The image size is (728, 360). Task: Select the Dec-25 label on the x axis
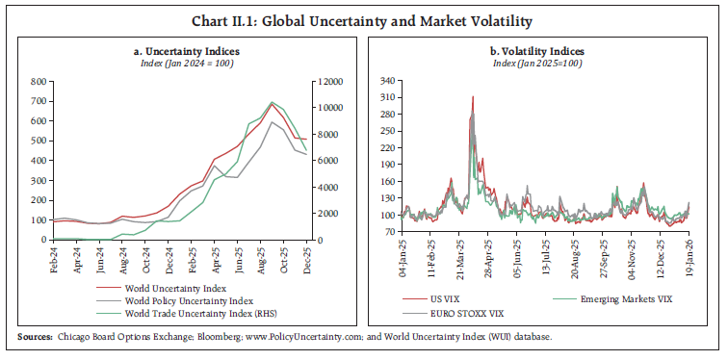point(306,260)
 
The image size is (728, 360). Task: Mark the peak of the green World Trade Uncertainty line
point(273,102)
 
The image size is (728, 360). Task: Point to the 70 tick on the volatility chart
point(389,232)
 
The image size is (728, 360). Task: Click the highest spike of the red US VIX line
point(473,96)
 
